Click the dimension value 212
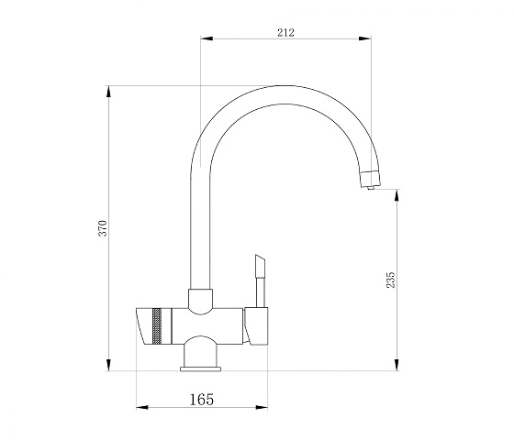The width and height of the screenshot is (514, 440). coord(285,32)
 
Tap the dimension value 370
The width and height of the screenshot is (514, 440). coord(103,228)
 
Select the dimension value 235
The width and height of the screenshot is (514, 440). coord(391,280)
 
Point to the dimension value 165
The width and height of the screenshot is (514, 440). coord(202,399)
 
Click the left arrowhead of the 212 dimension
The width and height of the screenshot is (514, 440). coord(207,38)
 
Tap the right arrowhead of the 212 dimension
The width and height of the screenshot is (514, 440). coord(365,38)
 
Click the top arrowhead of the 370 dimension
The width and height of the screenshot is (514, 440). coord(108,92)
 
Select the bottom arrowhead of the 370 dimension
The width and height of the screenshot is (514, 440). coord(108,365)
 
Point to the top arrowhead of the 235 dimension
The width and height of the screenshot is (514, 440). coord(397,195)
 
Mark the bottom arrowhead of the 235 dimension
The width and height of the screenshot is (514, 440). coord(397,365)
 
